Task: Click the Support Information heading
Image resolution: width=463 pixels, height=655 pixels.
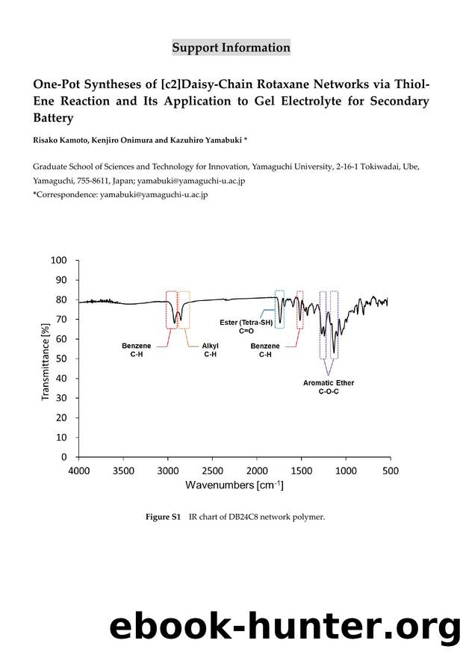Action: point(231,48)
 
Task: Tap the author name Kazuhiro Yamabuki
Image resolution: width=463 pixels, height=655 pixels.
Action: point(205,140)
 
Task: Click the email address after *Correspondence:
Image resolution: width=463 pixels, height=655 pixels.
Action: point(154,195)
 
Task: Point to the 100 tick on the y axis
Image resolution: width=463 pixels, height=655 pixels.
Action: point(59,260)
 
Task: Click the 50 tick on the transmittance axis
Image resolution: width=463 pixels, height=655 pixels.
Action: point(61,358)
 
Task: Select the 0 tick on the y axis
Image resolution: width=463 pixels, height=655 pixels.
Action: point(64,457)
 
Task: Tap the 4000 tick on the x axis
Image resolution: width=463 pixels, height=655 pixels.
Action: point(79,471)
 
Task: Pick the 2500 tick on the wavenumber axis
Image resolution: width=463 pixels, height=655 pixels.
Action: point(212,471)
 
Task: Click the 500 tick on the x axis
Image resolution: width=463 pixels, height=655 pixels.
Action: point(391,471)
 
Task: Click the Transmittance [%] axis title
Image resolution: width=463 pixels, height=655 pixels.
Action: point(46,361)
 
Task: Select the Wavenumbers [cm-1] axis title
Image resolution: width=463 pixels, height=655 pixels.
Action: point(234,485)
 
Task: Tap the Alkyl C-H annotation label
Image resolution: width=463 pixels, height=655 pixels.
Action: point(210,350)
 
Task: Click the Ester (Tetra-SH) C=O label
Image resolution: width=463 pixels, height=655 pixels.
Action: point(246,326)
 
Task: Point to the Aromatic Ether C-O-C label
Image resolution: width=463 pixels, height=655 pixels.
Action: point(329,387)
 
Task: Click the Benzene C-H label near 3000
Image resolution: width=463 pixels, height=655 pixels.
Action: point(137,350)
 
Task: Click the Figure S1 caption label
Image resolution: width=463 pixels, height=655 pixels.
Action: point(163,517)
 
